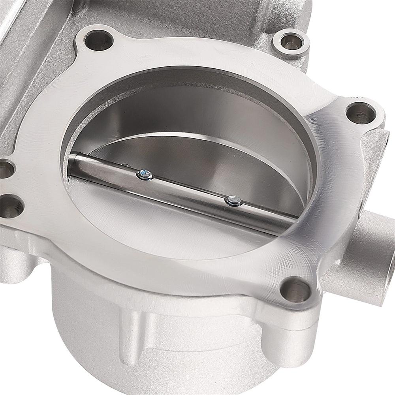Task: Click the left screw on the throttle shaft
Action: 145,175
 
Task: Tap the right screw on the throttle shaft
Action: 233,201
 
